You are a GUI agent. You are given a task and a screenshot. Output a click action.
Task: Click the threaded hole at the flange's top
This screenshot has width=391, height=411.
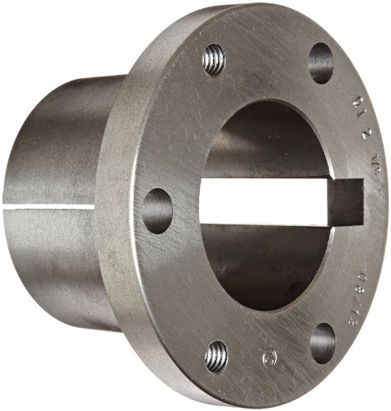[215, 60]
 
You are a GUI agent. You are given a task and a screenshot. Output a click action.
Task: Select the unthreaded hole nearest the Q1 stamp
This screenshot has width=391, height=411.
[321, 62]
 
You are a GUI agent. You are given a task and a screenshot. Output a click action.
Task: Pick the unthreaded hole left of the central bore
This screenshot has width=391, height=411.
[157, 210]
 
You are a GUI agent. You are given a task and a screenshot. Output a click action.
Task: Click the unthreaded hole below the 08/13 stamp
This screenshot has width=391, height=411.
[323, 343]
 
